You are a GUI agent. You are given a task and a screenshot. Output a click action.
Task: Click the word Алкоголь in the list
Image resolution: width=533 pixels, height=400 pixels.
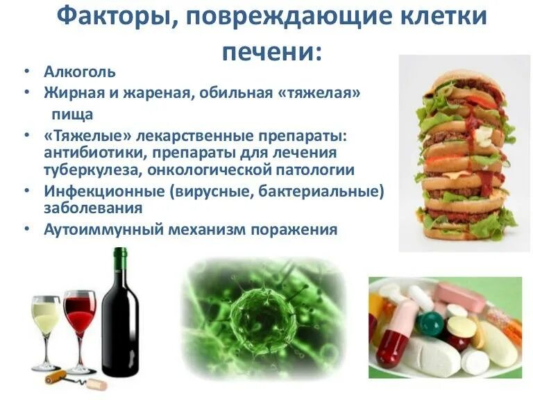tap(80, 72)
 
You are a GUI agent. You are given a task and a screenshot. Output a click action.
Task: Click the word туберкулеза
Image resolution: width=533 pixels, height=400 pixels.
tap(88, 169)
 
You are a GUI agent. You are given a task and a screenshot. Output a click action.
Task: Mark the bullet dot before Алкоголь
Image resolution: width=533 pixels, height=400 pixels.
tap(26, 72)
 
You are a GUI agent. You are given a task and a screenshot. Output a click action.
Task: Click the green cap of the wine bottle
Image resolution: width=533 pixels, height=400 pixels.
tap(121, 258)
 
